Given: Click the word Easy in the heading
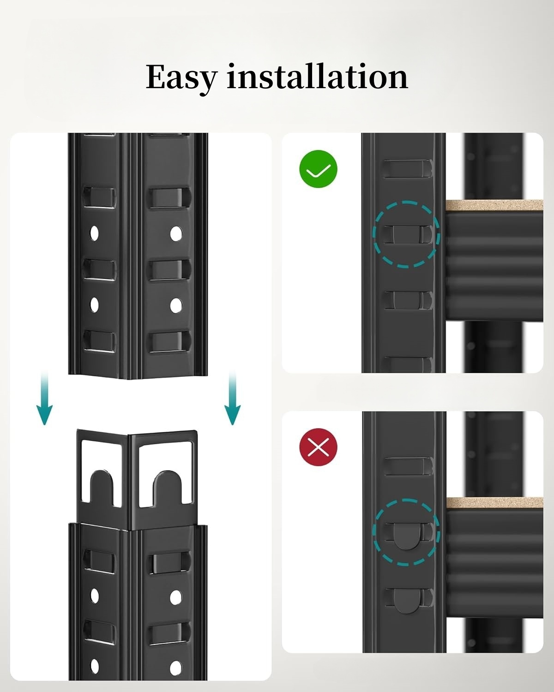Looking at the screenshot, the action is [181, 78].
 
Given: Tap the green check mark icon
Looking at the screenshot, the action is [318, 169].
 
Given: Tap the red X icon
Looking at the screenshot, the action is [318, 447].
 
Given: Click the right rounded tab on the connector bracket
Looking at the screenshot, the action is [168, 488].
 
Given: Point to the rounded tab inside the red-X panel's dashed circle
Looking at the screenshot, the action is [407, 536].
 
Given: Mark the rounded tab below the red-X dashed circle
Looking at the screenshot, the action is [407, 601].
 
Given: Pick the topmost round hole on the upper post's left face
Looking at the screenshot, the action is [94, 233].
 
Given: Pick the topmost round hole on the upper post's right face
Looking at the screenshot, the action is [176, 234].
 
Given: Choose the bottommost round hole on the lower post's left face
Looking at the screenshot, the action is [95, 666].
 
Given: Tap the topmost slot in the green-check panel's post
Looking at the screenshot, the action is [407, 169].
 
